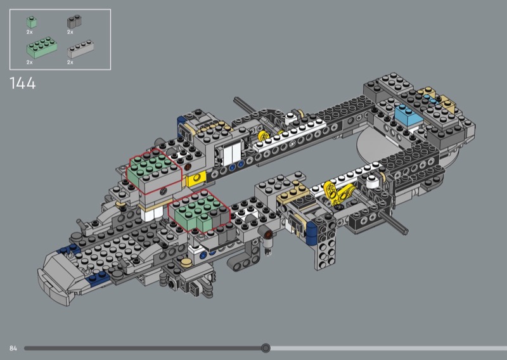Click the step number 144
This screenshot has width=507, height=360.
coord(23,84)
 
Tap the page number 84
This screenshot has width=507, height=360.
coord(13,348)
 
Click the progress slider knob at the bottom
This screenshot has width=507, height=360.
coord(266,348)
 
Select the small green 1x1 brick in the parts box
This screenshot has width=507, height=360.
coord(31,23)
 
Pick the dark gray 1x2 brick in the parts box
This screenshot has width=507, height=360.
coord(74,22)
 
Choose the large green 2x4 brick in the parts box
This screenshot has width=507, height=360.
coord(42,48)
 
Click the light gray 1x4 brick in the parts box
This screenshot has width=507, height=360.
coord(80,49)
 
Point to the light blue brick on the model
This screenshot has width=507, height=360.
coord(408,115)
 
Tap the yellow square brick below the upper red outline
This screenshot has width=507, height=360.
coord(197,179)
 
